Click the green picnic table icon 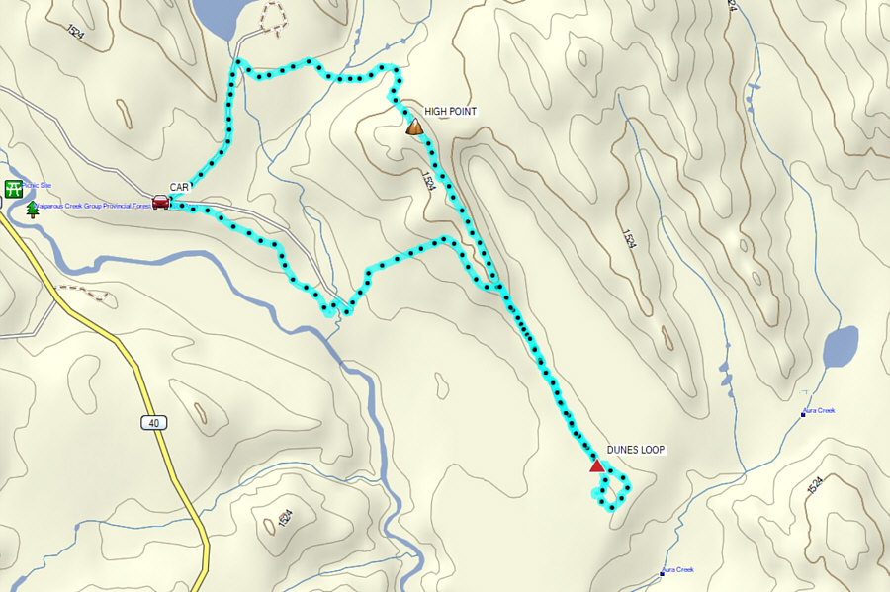click(14, 188)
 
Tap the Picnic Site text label click(37, 185)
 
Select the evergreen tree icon click(33, 209)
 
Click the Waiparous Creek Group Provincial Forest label click(95, 206)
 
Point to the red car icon click(161, 202)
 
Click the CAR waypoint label click(179, 186)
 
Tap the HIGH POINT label click(450, 112)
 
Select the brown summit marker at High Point click(414, 127)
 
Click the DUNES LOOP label click(637, 450)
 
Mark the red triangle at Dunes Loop click(597, 465)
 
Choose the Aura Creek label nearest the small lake click(820, 409)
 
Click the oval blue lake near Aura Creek click(841, 347)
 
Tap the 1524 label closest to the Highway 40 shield click(285, 518)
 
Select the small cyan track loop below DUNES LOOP click(612, 491)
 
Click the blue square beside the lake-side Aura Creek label click(803, 414)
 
